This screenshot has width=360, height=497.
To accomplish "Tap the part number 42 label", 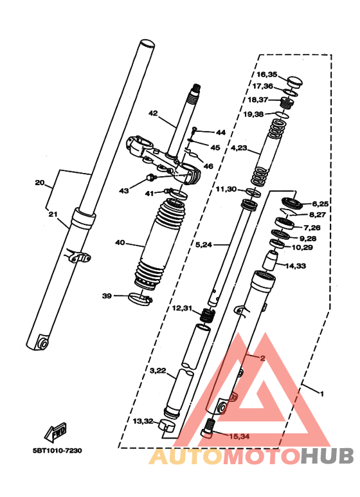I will pos(153,113).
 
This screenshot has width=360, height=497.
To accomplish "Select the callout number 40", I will pos(120,243).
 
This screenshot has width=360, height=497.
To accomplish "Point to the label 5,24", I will pos(203,244).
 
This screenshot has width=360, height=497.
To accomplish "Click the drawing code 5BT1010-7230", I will pos(56,450).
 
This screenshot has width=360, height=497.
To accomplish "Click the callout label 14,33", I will pos(296,266).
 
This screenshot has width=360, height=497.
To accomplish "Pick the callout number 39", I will pos(107,296).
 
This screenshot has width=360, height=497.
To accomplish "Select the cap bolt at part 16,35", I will pos(295,82).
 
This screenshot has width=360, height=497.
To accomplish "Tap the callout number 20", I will pos(40,183).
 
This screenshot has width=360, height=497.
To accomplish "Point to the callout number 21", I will pos(52,214).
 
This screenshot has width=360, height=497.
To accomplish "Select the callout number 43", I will pos(123,190).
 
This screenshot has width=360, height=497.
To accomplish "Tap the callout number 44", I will pos(221,132).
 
